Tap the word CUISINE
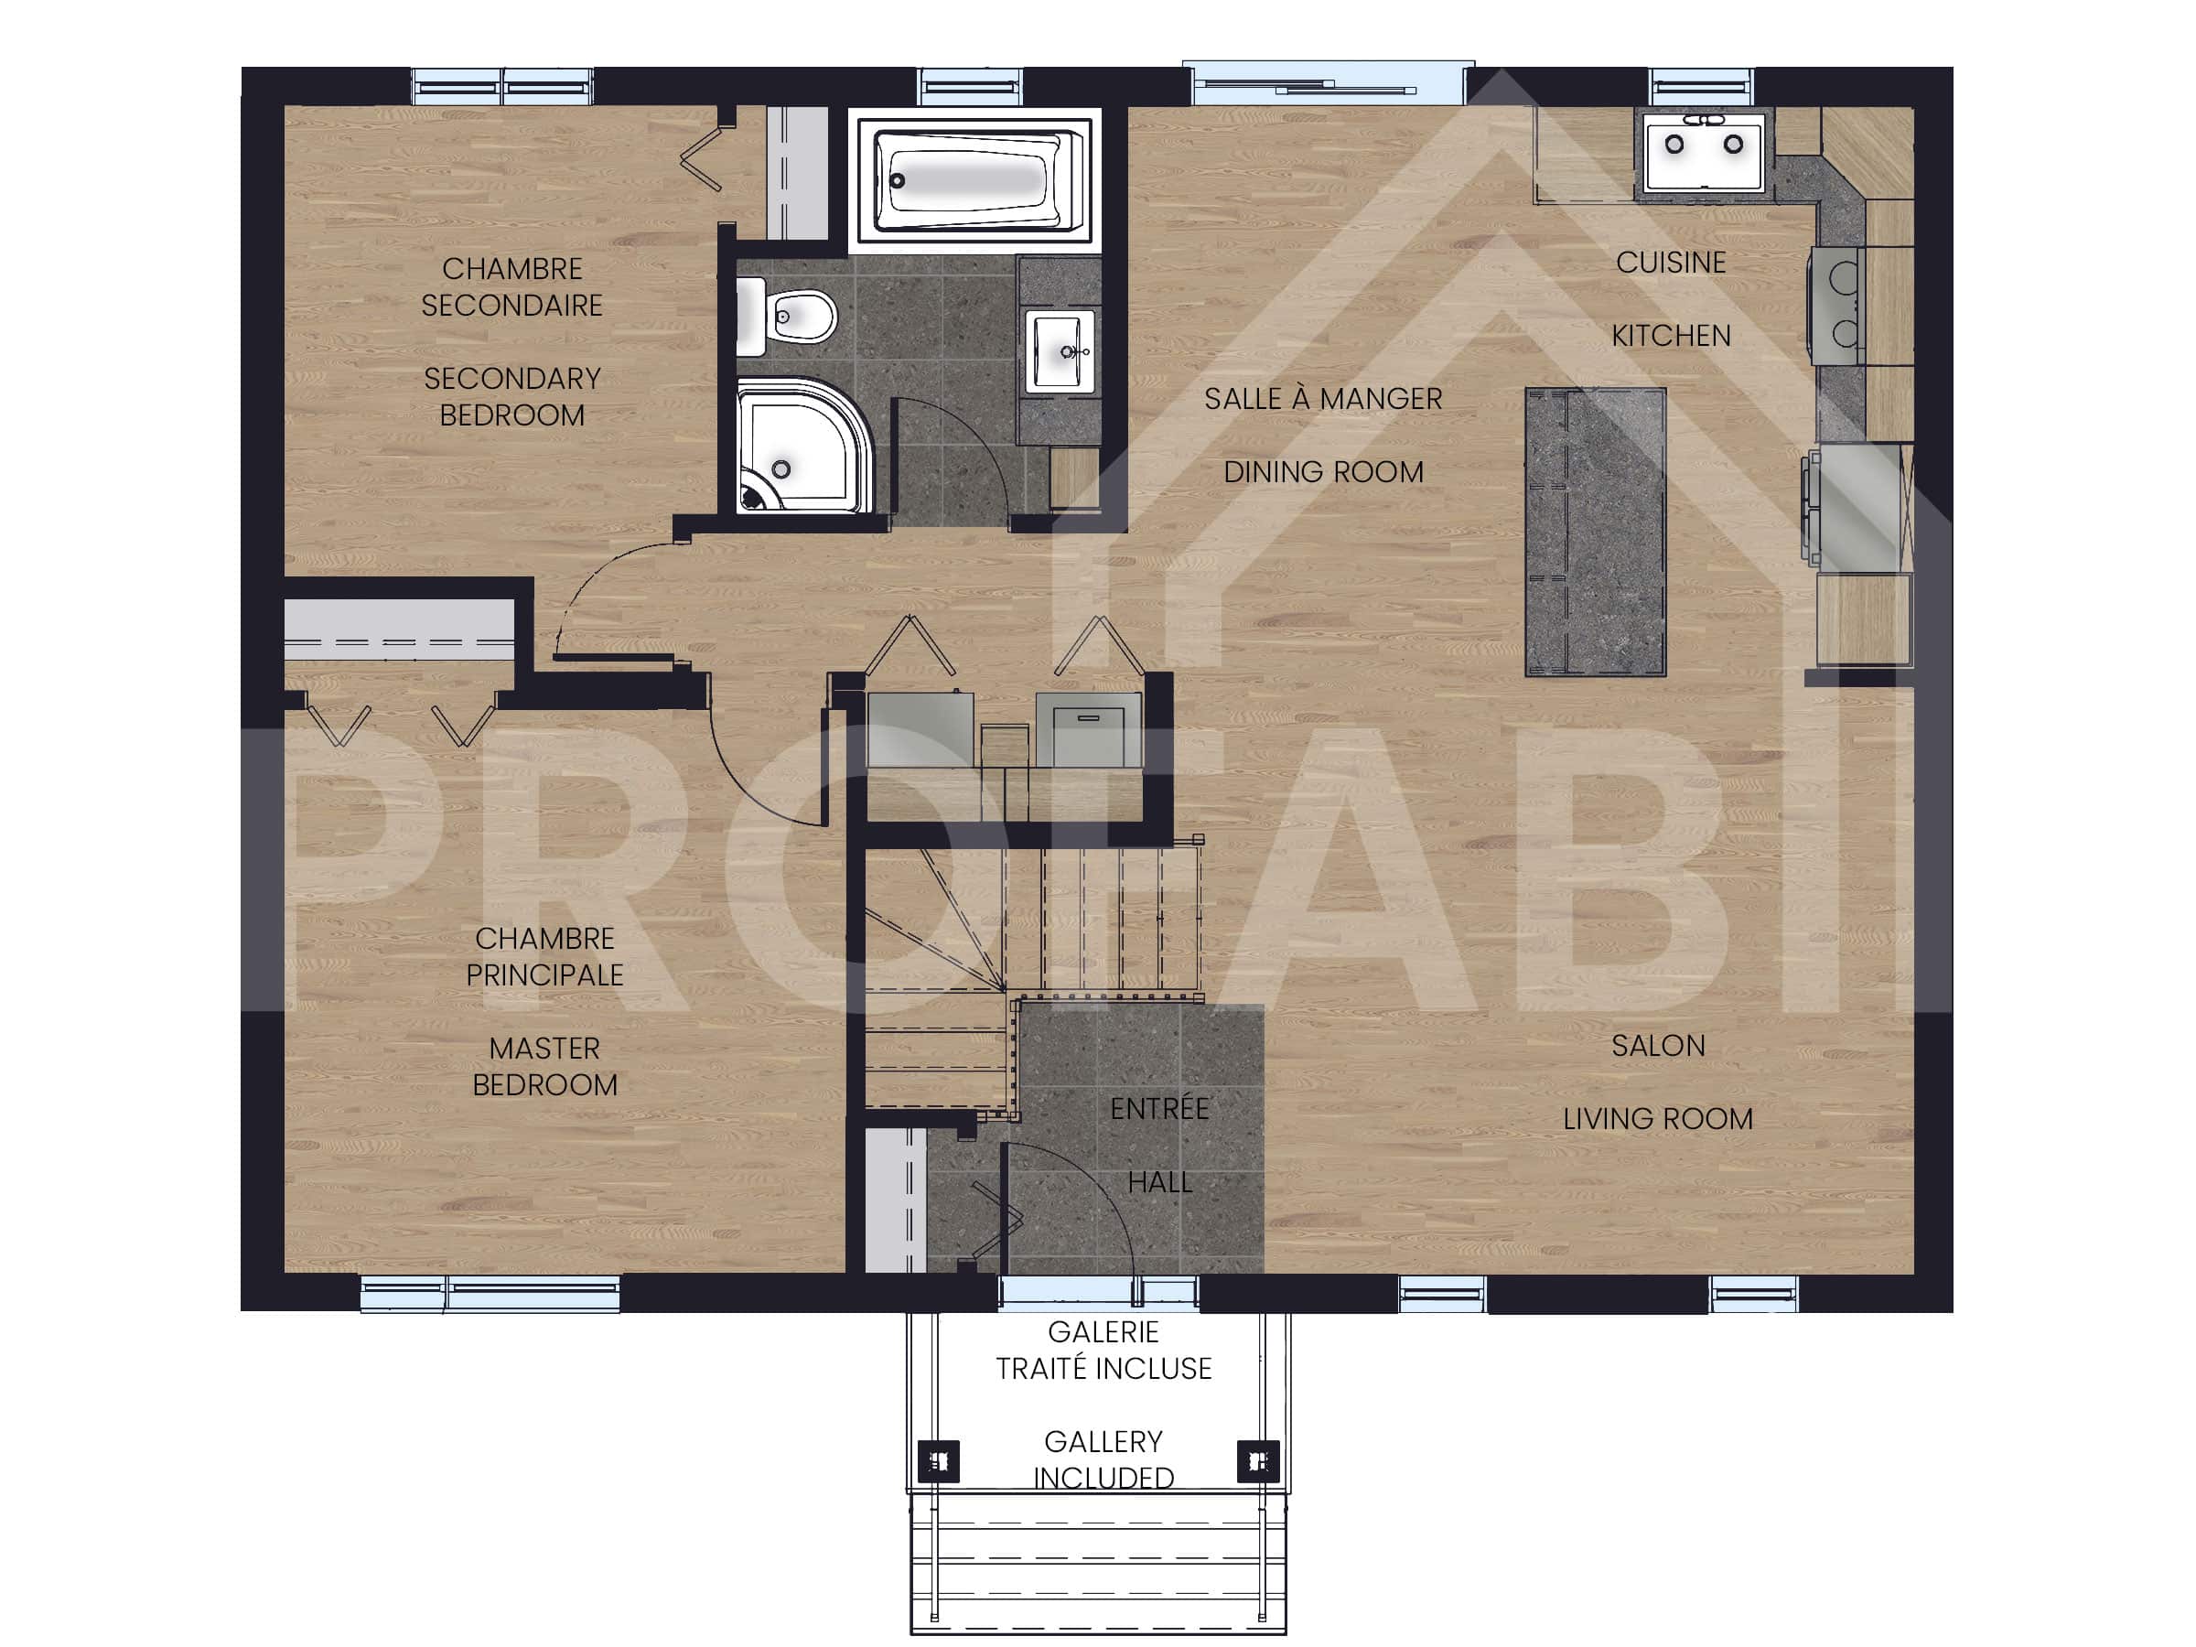(x=1670, y=264)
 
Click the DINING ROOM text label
(x=1322, y=472)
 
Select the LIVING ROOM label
(x=1657, y=1119)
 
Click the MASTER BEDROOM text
(x=544, y=1066)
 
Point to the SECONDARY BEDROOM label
(x=511, y=396)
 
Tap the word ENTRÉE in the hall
(x=1158, y=1109)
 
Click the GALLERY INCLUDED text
(x=1103, y=1459)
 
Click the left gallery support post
(x=938, y=1461)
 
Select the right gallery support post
(x=1257, y=1461)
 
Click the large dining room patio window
(x=1328, y=82)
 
